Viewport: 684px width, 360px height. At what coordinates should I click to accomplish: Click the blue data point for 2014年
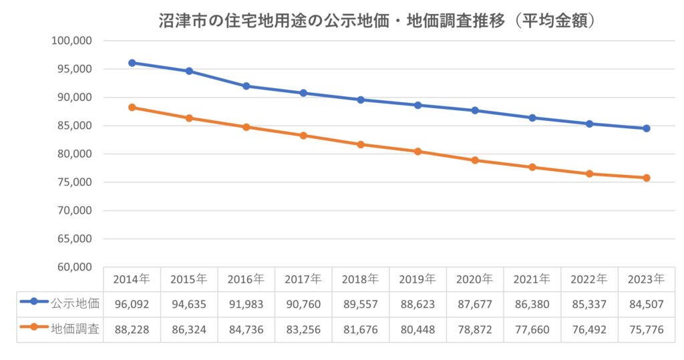(x=132, y=63)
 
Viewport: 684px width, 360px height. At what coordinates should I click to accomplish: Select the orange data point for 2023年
(x=647, y=178)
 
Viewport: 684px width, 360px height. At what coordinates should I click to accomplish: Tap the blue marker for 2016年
(x=246, y=86)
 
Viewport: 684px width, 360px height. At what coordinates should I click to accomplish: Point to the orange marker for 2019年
(x=418, y=152)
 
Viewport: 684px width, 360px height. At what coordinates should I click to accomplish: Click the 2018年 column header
(x=361, y=279)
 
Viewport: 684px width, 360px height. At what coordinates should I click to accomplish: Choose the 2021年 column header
(x=532, y=279)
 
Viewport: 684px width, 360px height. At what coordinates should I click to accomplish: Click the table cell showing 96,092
(x=132, y=305)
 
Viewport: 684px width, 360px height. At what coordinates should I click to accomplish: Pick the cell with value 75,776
(x=647, y=330)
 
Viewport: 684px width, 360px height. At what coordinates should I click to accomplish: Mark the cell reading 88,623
(x=418, y=305)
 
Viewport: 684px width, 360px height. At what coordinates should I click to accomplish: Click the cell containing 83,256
(x=303, y=330)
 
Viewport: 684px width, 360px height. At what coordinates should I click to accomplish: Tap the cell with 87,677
(x=475, y=305)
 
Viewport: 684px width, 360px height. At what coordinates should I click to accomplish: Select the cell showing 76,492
(x=589, y=330)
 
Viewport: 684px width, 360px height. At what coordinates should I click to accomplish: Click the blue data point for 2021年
(x=532, y=118)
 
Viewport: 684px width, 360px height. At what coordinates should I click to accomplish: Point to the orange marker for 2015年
(x=189, y=118)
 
